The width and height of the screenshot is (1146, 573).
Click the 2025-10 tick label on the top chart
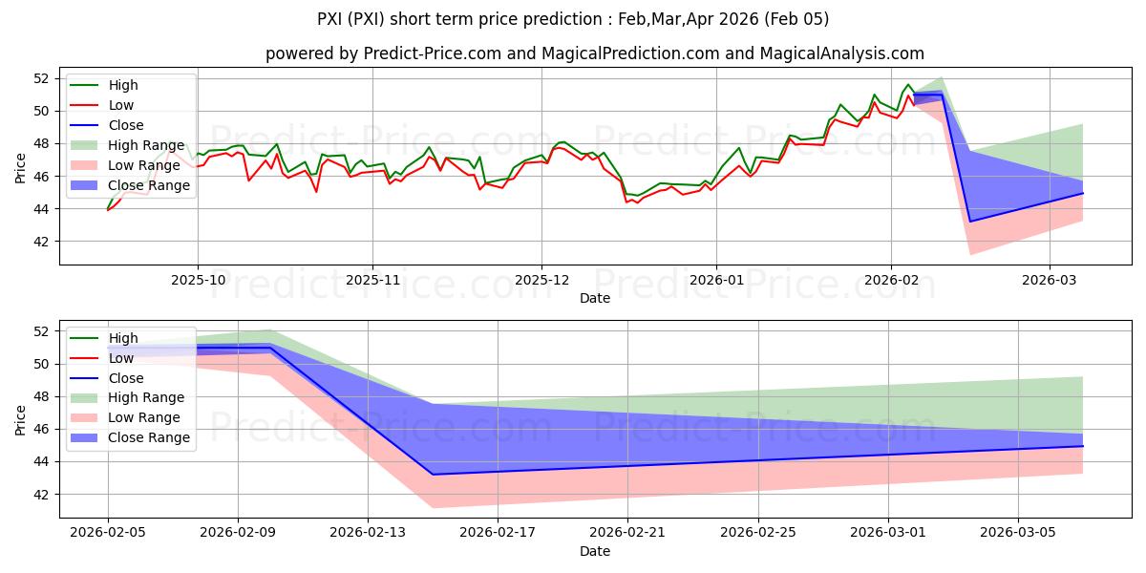198,281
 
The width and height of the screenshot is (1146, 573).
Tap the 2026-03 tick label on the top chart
1050,281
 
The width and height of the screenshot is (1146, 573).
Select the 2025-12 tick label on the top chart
541,281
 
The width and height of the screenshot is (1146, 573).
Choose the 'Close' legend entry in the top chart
126,125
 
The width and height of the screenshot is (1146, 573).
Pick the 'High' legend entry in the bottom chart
123,338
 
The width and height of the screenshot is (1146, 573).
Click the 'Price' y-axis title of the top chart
21,168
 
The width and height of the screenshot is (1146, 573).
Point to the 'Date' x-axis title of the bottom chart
595,551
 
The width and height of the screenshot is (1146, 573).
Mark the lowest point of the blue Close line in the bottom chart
433,475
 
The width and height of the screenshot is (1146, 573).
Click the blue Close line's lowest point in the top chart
970,222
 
